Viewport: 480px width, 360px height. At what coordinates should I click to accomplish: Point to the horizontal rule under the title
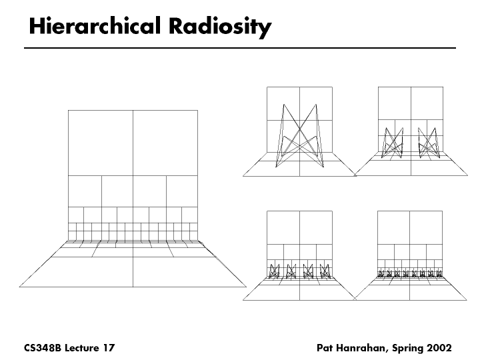coord(239,49)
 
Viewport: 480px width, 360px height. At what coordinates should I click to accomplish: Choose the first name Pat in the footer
coord(327,348)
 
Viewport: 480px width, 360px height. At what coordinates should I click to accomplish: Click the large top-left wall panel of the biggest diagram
coord(100,143)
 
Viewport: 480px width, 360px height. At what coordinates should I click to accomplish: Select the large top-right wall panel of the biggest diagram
coord(165,143)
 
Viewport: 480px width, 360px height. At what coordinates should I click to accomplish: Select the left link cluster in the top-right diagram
coord(394,143)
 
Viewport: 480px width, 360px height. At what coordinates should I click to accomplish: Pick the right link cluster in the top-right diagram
coord(427,143)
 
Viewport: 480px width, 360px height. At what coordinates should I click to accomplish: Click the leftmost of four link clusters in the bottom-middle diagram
coord(274,271)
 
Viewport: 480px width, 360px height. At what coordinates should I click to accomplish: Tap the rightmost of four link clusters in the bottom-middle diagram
coord(325,271)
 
